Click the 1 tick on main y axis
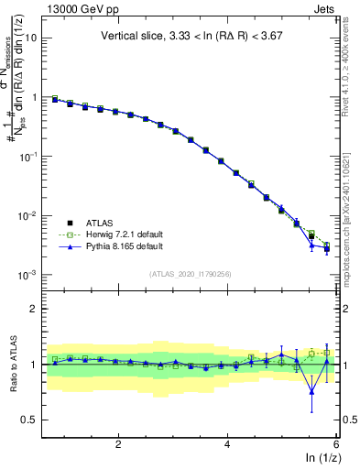(x=34, y=97)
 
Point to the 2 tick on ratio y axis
(x=34, y=309)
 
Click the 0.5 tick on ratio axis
(x=30, y=420)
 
